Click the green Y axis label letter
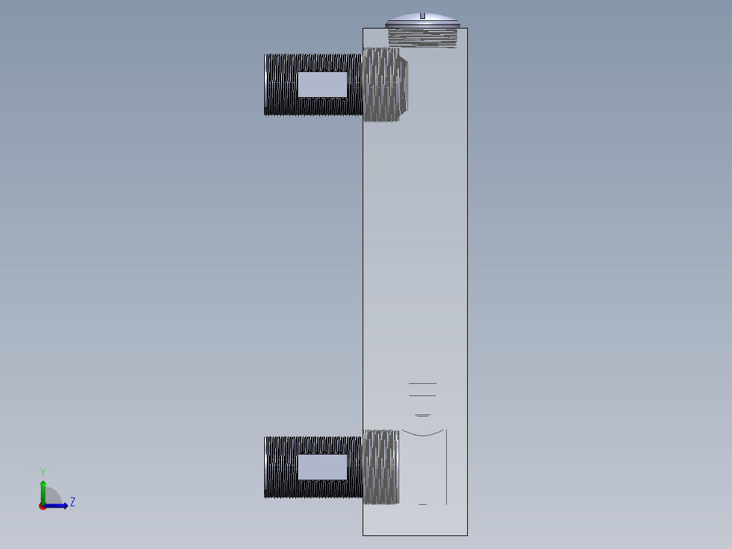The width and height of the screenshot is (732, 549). (43, 472)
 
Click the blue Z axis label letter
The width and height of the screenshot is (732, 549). (72, 502)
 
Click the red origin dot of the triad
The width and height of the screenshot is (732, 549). (43, 506)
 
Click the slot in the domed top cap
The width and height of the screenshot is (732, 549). (422, 16)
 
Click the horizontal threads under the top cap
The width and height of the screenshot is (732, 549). (422, 38)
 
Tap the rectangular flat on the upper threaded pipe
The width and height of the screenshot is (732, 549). (323, 84)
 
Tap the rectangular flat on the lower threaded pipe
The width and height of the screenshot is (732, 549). (323, 467)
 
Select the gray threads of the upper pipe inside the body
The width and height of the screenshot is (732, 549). (380, 85)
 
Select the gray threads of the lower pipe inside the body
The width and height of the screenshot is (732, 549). (380, 467)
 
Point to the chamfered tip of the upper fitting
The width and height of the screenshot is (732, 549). (404, 85)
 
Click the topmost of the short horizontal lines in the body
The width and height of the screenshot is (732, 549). (422, 383)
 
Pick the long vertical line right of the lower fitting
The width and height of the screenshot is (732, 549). (446, 469)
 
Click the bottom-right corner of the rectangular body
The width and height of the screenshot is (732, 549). (467, 535)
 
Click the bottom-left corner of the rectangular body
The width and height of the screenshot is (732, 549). (363, 535)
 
